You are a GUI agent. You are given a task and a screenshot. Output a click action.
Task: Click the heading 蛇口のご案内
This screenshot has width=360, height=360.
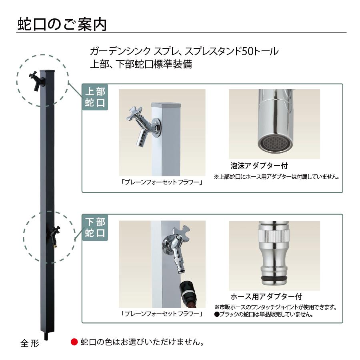click(x=62, y=24)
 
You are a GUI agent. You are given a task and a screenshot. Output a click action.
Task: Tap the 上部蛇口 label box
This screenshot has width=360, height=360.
click(x=95, y=97)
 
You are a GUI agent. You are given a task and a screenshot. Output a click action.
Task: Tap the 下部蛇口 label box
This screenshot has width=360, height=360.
click(x=95, y=228)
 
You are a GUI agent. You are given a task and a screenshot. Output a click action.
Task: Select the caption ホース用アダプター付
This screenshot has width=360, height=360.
click(x=266, y=296)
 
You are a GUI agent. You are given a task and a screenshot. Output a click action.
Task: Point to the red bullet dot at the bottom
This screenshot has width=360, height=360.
click(x=73, y=342)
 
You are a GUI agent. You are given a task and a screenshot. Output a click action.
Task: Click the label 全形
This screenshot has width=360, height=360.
click(x=30, y=343)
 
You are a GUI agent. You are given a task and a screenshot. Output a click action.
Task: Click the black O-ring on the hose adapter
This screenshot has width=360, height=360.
click(x=274, y=278)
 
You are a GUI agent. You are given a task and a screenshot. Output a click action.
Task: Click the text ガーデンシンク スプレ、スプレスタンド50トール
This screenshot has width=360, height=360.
click(x=184, y=51)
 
